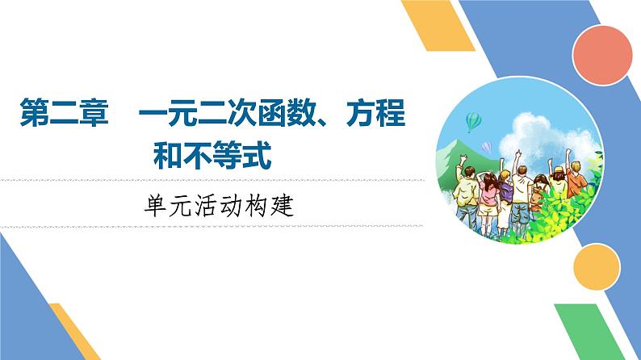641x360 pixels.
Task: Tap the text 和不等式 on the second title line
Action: tap(212, 154)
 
